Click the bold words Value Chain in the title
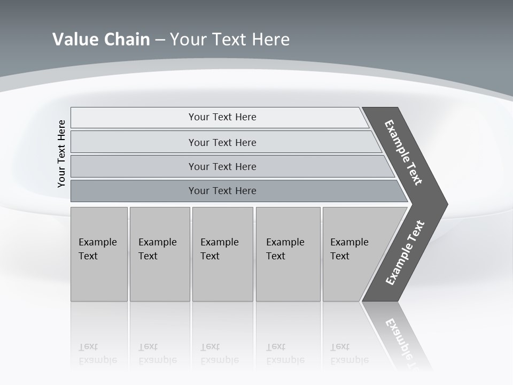pyautogui.click(x=101, y=39)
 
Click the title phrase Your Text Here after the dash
pyautogui.click(x=229, y=39)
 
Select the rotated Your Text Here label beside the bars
pyautogui.click(x=62, y=153)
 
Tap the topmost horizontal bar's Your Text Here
pyautogui.click(x=222, y=117)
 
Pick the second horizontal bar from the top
pyautogui.click(x=222, y=142)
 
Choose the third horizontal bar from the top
pyautogui.click(x=222, y=166)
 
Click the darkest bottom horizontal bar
pyautogui.click(x=222, y=191)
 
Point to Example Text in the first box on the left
pyautogui.click(x=97, y=249)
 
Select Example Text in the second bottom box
pyautogui.click(x=157, y=249)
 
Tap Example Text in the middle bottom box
pyautogui.click(x=219, y=249)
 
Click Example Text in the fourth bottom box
pyautogui.click(x=285, y=249)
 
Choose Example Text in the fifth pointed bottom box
pyautogui.click(x=349, y=249)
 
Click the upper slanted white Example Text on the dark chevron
pyautogui.click(x=403, y=152)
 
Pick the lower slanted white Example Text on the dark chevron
pyautogui.click(x=405, y=253)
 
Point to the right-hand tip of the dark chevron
pyautogui.click(x=446, y=204)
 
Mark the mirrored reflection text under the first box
pyautogui.click(x=97, y=354)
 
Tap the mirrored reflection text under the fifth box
pyautogui.click(x=349, y=354)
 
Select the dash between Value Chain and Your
pyautogui.click(x=160, y=40)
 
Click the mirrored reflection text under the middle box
pyautogui.click(x=219, y=354)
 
